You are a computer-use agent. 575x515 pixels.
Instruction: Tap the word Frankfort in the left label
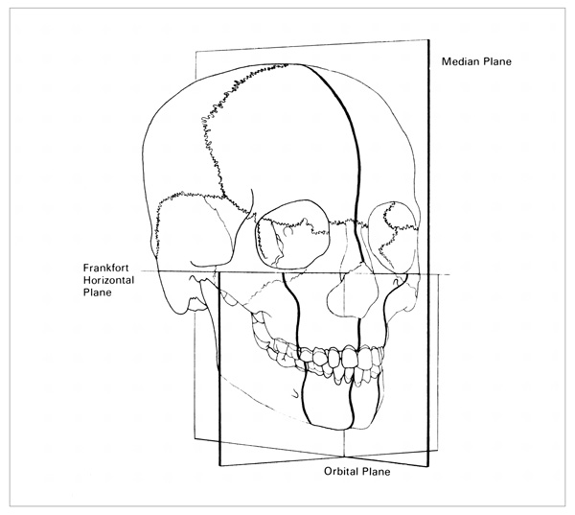106,268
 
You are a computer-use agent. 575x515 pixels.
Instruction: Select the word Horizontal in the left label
108,280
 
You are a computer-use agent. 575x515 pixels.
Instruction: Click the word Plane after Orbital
376,471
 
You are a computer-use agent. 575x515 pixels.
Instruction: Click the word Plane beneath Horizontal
97,293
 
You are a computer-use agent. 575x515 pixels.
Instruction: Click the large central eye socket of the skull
292,235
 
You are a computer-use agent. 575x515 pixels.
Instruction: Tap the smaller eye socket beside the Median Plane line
394,237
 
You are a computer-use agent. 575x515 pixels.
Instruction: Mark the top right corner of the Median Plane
428,39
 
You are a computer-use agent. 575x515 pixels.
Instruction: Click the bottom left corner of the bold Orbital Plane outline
219,466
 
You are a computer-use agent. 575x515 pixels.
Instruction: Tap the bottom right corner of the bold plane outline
428,466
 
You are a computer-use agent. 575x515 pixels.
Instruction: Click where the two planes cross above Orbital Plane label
344,457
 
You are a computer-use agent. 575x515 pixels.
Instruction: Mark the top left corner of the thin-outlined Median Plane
195,52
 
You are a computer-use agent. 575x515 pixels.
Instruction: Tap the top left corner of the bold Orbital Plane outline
219,272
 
